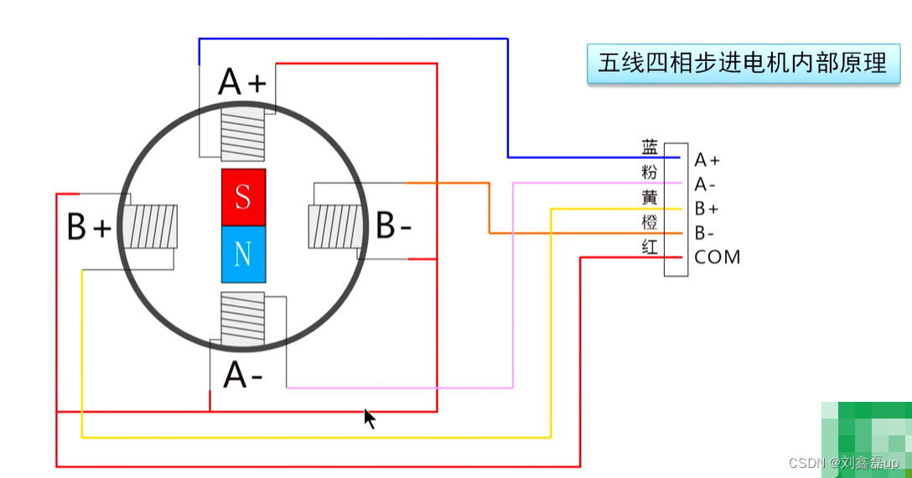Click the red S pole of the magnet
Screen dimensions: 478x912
243,198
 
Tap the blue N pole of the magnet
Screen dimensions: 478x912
243,254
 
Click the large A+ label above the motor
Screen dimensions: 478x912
242,83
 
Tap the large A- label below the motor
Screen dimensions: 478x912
243,376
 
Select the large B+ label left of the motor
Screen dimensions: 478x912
89,228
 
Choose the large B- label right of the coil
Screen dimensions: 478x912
394,226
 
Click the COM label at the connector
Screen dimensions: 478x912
718,257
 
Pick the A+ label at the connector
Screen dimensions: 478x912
707,160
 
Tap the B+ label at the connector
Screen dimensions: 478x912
707,208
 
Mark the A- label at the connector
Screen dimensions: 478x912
706,184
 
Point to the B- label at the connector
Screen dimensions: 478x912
706,233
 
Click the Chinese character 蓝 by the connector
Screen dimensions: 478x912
650,149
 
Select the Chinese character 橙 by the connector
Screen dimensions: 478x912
650,222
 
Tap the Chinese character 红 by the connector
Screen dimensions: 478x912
650,246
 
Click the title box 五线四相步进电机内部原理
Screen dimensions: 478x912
742,63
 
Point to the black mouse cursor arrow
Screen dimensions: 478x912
369,418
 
